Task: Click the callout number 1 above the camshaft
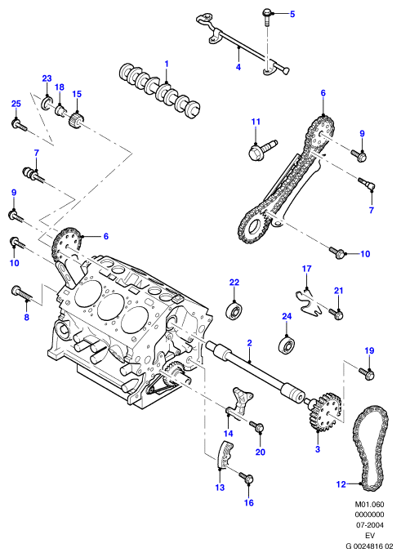click(167, 65)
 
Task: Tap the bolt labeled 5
click(267, 17)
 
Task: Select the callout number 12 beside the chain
click(341, 484)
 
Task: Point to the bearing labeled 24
click(287, 344)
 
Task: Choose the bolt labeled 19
click(367, 373)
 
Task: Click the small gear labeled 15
click(77, 119)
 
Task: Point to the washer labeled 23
click(47, 104)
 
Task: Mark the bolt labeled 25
click(19, 126)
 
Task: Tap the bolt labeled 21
click(336, 314)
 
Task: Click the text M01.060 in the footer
click(369, 504)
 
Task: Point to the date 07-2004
click(369, 525)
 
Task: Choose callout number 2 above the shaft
click(249, 343)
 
